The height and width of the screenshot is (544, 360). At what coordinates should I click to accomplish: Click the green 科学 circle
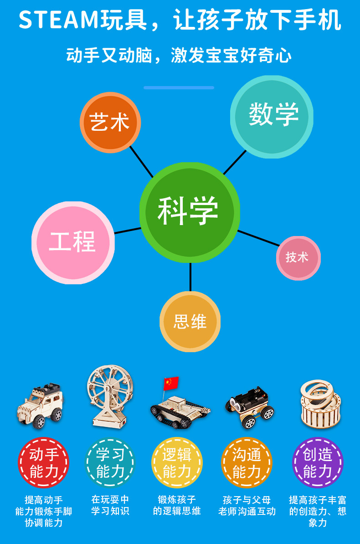click(x=189, y=211)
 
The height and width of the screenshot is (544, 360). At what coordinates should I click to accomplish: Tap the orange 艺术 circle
click(x=110, y=122)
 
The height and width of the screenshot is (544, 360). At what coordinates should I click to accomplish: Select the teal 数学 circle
click(x=272, y=116)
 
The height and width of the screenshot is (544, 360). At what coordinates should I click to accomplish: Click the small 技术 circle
click(x=298, y=258)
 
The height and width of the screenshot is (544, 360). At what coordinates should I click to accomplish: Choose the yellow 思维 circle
click(x=190, y=322)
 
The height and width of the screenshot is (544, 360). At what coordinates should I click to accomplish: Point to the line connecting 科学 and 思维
click(x=190, y=277)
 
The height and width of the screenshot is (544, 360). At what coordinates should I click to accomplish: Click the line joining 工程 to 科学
click(x=127, y=231)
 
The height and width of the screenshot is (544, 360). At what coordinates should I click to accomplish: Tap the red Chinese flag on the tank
click(x=171, y=383)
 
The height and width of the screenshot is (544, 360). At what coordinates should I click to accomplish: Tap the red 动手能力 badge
click(x=44, y=463)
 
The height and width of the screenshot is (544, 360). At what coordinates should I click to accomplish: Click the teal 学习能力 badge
click(x=110, y=463)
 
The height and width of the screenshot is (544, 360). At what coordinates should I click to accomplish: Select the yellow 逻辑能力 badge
click(x=177, y=463)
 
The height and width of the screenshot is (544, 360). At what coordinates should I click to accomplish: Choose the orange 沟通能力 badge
click(x=247, y=463)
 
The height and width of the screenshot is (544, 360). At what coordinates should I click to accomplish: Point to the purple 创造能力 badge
click(x=317, y=463)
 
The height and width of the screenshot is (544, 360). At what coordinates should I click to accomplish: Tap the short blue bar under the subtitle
click(x=179, y=87)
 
